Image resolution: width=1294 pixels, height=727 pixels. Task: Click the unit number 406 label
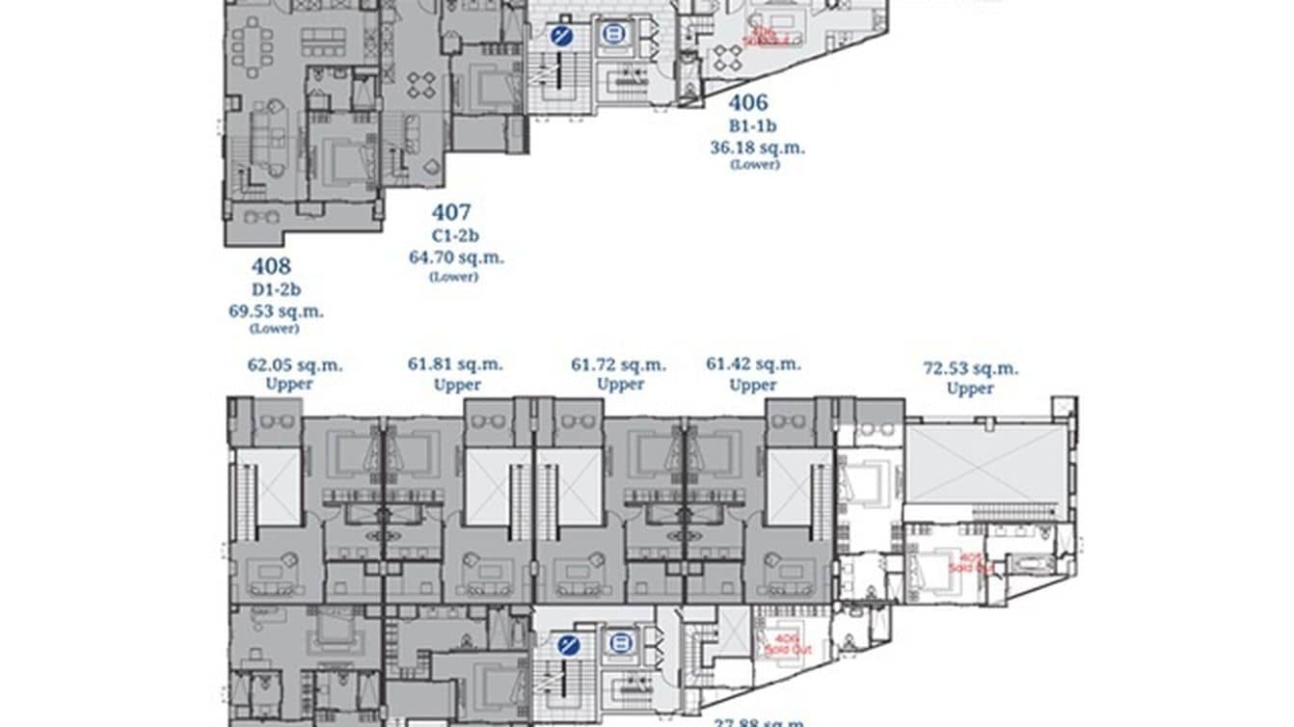(x=747, y=102)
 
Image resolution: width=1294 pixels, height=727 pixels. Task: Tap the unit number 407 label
(x=450, y=212)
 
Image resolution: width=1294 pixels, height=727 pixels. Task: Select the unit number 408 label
(x=271, y=266)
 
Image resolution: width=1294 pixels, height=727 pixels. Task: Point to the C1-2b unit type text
(x=455, y=235)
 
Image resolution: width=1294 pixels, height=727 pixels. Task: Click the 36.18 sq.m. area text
(x=757, y=148)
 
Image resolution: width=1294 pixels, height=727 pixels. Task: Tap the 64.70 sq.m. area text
(x=456, y=257)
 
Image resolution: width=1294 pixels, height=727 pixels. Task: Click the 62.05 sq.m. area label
(x=295, y=365)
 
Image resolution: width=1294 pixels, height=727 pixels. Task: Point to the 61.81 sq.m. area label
(x=455, y=365)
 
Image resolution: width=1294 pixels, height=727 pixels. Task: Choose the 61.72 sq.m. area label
(x=619, y=365)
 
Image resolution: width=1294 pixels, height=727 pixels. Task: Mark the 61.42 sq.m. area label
(x=753, y=364)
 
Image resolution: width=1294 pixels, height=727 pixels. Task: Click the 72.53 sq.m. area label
(x=970, y=368)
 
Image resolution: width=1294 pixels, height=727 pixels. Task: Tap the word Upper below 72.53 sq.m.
(x=970, y=389)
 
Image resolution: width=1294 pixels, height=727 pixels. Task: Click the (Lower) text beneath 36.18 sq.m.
(x=755, y=165)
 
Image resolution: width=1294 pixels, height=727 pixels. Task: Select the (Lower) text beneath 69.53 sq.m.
(x=275, y=329)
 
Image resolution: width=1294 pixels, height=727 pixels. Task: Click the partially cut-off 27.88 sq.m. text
(x=758, y=721)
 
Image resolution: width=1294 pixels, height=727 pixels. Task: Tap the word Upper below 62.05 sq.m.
(x=289, y=384)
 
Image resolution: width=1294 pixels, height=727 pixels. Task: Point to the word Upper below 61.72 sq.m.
(x=620, y=384)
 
